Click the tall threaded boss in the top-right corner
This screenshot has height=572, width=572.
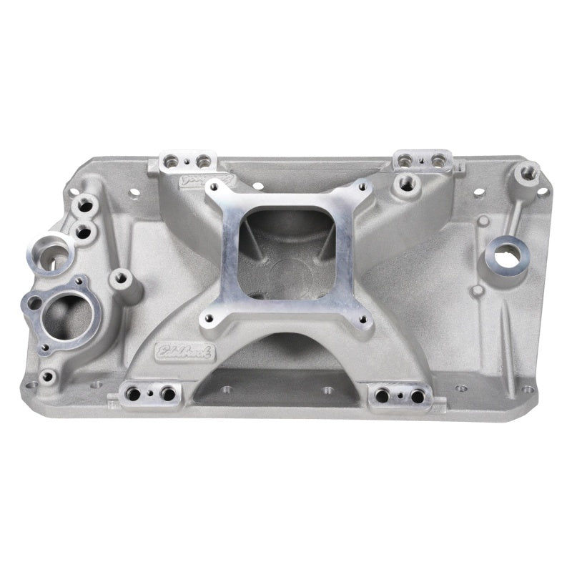click(x=530, y=172)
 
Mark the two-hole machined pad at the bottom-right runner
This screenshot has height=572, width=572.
click(x=398, y=394)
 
